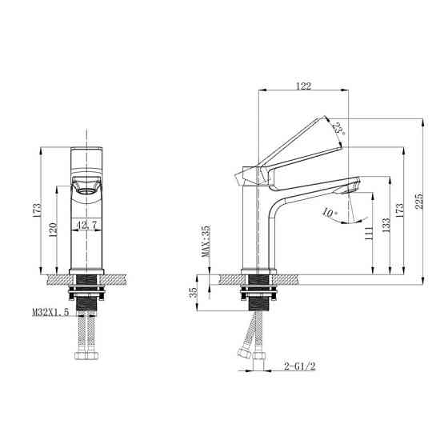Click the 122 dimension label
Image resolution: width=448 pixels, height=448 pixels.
click(x=303, y=86)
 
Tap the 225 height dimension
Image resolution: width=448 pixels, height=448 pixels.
click(x=419, y=202)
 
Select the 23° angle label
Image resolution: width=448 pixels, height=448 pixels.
click(x=339, y=128)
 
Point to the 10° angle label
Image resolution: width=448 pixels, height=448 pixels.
click(x=330, y=213)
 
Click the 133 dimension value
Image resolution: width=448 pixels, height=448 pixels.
click(x=386, y=226)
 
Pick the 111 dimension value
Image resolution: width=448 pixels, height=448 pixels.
click(x=369, y=234)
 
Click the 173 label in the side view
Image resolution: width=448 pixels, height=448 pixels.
click(x=399, y=210)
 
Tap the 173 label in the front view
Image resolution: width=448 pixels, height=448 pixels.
click(x=37, y=210)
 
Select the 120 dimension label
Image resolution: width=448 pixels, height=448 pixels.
click(x=54, y=230)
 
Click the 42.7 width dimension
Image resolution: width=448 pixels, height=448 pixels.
click(x=86, y=225)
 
